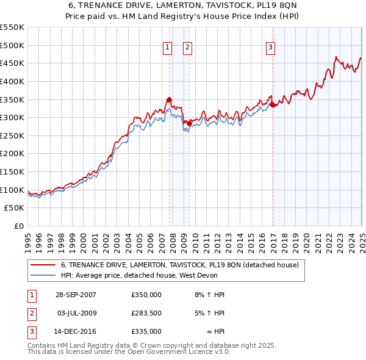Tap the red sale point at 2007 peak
(x=169, y=99)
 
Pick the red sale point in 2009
(x=189, y=123)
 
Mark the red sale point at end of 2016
(x=272, y=105)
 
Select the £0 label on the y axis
(x=19, y=226)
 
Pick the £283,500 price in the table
(x=146, y=313)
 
